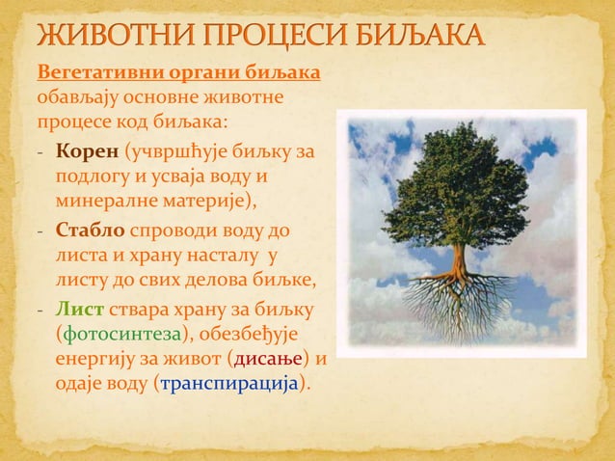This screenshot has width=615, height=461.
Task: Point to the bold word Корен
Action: pos(88,152)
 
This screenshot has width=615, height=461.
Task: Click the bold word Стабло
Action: pos(91,231)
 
